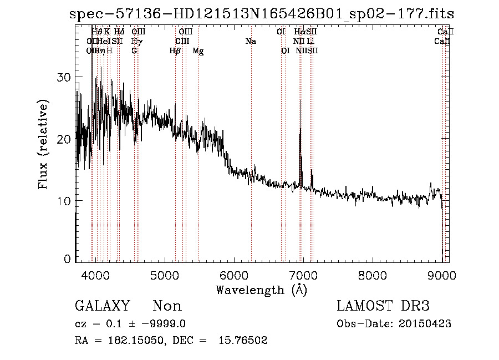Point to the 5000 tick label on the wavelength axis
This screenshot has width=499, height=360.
tap(165, 275)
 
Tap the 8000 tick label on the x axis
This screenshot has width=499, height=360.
tap(373, 275)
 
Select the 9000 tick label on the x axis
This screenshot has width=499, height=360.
tap(442, 275)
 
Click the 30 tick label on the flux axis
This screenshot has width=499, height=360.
tap(65, 78)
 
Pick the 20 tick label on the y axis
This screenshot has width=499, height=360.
tap(65, 139)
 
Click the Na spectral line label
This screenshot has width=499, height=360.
tap(251, 42)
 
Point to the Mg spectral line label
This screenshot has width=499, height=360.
tap(198, 51)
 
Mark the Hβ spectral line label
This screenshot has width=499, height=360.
tap(175, 51)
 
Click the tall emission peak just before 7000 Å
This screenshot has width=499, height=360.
tap(301, 103)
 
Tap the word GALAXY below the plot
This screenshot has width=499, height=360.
tap(103, 306)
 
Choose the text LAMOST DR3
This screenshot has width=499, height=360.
tap(383, 306)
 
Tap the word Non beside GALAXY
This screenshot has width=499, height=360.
tap(167, 306)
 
